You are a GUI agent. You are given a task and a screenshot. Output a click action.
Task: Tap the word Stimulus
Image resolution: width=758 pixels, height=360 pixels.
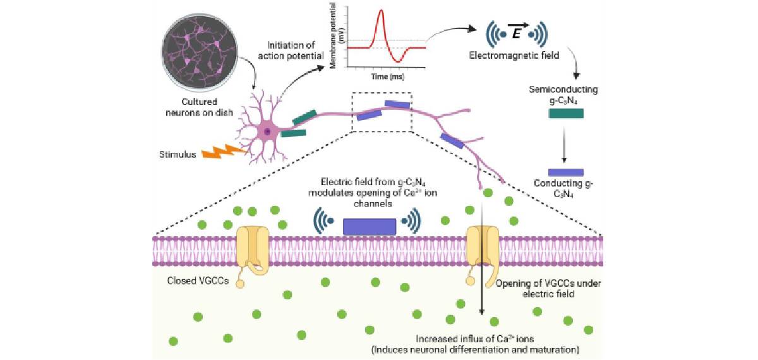177,155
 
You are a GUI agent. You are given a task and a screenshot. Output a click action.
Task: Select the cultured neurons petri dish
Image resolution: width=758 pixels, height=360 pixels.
200,52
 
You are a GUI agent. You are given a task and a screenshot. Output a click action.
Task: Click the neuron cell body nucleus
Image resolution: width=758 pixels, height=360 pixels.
267,131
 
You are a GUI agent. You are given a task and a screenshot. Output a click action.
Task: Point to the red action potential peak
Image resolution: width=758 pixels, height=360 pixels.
382,11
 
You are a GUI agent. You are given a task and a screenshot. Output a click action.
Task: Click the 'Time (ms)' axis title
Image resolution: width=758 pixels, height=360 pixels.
388,76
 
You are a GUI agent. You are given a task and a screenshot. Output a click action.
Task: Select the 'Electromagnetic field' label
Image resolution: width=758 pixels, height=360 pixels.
514,55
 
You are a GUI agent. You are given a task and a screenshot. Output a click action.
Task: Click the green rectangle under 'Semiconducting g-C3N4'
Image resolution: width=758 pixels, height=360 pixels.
566,113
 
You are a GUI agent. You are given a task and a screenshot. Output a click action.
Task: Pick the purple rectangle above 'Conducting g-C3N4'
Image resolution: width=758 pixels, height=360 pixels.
566,172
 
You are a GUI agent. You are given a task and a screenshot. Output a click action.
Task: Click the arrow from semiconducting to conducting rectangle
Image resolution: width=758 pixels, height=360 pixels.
564,145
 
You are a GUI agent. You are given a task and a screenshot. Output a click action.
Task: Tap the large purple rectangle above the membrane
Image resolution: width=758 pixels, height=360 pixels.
370,227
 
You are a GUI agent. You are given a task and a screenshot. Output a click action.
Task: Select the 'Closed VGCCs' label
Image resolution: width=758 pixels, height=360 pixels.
198,280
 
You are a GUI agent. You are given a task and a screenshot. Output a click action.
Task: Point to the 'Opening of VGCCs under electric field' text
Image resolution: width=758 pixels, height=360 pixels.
548,288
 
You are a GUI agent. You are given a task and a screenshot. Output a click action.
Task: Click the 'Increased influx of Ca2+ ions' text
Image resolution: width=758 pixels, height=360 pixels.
475,339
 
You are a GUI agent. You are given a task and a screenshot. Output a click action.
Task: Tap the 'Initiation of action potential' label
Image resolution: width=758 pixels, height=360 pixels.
291,50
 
